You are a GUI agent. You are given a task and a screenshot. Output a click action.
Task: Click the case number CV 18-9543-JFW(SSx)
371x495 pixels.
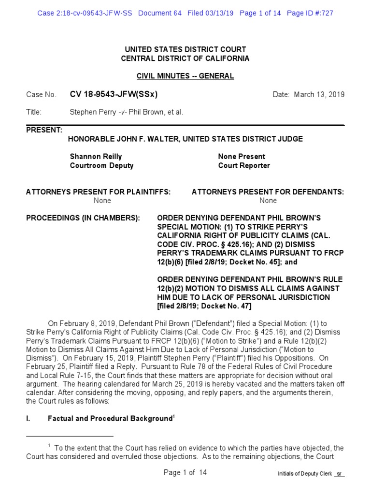coord(114,94)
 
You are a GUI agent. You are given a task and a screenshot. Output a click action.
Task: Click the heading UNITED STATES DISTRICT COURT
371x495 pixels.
coord(185,50)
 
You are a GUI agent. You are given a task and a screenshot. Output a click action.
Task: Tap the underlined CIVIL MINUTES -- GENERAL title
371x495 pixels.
coord(185,76)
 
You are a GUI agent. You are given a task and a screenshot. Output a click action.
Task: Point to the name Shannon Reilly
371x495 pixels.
coord(96,157)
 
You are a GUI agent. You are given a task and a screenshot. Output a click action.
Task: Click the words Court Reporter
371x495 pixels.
coord(244,165)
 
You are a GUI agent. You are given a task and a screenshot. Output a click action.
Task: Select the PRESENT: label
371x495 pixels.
coord(44,130)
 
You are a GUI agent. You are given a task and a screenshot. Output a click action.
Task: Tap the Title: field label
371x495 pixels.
coord(34,112)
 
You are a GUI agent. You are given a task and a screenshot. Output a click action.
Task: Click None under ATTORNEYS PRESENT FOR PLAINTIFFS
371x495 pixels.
coord(102,200)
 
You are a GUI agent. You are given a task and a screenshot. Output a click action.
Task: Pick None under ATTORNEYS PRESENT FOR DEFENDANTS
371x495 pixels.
coord(268,200)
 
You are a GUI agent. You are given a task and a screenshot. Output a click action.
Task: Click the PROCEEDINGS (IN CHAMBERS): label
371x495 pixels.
coord(83,218)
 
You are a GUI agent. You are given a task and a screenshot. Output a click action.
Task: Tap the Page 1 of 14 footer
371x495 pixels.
coord(185,473)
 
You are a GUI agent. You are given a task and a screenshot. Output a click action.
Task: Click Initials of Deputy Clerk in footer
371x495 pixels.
coord(304,474)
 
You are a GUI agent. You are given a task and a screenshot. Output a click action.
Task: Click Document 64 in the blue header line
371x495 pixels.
coord(160,13)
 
